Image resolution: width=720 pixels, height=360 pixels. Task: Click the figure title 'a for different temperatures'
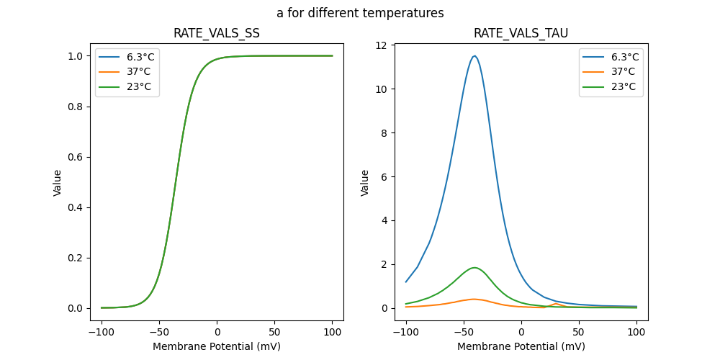360,13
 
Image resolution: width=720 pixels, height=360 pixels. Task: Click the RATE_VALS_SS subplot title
217,33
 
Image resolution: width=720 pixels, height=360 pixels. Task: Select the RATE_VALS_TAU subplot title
521,33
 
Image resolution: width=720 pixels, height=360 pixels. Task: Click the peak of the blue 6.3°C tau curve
474,56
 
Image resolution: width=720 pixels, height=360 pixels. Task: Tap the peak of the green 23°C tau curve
474,268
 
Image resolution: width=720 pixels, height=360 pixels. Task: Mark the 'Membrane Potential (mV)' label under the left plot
217,346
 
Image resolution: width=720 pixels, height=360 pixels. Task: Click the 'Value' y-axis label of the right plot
365,183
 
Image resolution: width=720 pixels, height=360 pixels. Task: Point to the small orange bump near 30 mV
556,304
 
